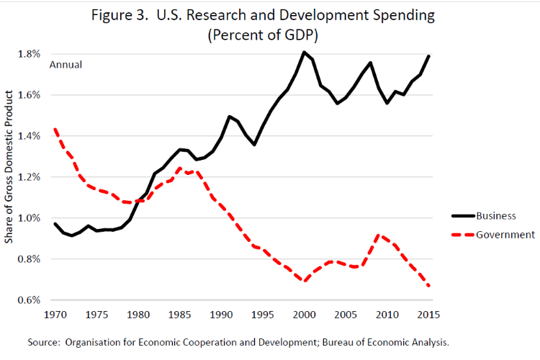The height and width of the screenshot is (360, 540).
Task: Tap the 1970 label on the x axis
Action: point(55,315)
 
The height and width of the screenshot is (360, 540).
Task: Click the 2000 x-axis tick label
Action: point(305,315)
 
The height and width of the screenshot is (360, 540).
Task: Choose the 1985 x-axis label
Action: point(180,315)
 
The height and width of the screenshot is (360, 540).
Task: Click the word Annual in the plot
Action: point(66,65)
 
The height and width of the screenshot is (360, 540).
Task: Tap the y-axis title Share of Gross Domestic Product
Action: point(9,166)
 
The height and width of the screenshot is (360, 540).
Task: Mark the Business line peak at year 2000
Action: point(305,52)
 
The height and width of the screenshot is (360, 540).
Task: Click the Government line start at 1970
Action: point(55,130)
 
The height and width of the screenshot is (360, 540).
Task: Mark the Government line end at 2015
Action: point(430,286)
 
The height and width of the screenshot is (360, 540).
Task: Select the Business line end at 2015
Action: point(430,55)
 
